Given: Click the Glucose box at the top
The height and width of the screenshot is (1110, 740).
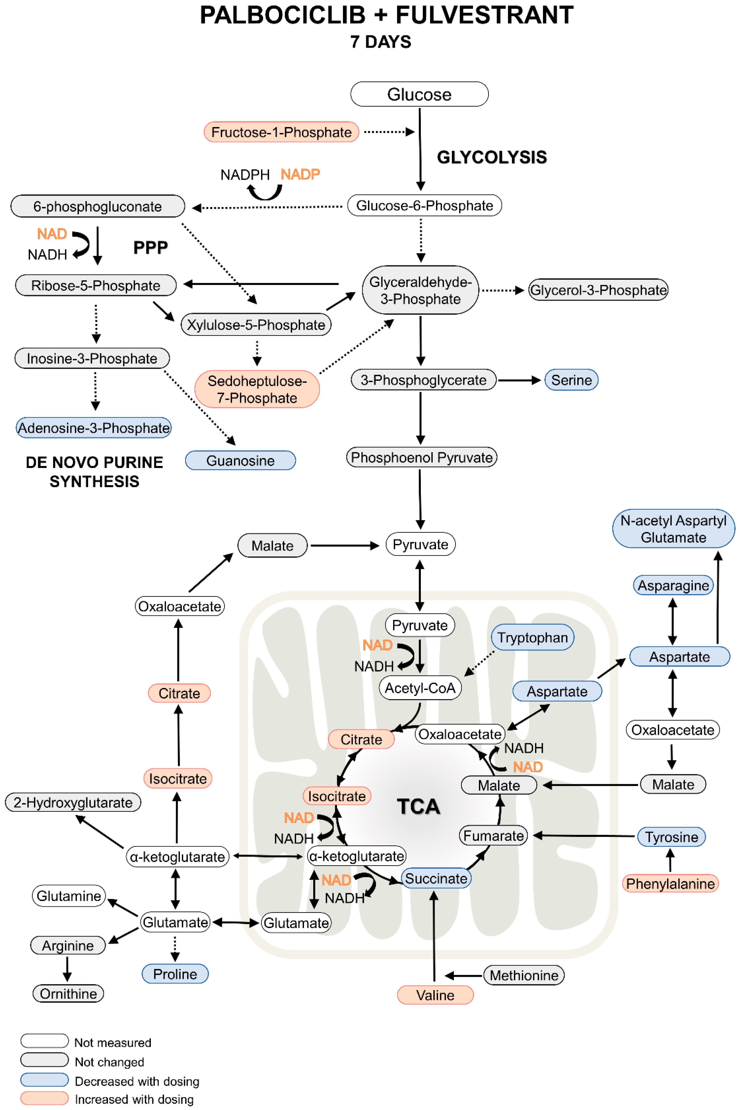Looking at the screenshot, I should [x=419, y=94].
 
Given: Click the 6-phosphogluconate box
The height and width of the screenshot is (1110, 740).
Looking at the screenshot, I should [x=98, y=206].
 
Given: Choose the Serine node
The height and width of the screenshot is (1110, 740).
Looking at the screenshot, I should [x=571, y=380].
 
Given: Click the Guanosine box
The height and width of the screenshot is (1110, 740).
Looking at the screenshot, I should [x=240, y=460].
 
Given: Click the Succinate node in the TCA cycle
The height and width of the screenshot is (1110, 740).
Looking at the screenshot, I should [x=436, y=879].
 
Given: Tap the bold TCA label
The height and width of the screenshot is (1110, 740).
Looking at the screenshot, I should [x=418, y=807].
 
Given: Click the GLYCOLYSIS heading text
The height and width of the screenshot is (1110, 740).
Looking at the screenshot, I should [x=492, y=157].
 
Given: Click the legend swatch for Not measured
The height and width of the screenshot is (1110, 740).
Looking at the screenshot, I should [x=45, y=1041].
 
